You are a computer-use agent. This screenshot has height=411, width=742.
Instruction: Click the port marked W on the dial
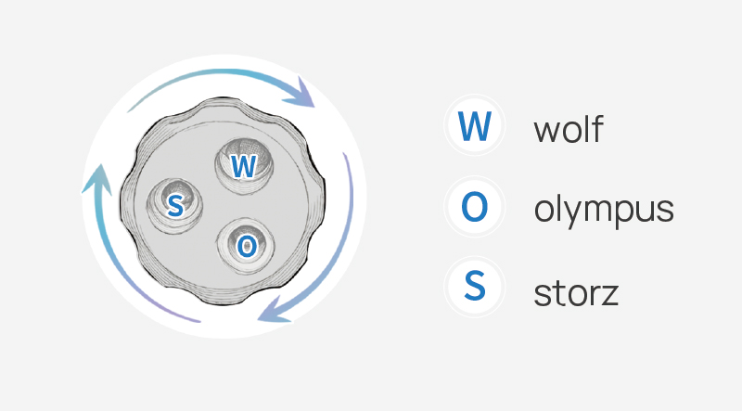(244, 165)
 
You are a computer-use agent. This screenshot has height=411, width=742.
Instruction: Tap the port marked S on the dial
(174, 206)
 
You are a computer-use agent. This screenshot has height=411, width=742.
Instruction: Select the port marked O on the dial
(246, 246)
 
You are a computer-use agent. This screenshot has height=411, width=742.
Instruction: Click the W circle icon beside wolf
(475, 125)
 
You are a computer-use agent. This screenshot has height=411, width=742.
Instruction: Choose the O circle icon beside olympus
(475, 207)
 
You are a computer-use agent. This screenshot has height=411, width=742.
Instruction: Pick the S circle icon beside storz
(475, 287)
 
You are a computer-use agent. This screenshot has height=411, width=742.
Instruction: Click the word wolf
(569, 128)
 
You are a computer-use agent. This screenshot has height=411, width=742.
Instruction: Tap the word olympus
(604, 210)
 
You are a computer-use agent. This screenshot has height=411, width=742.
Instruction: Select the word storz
(576, 293)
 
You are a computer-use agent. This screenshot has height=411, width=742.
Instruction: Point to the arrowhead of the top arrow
(301, 95)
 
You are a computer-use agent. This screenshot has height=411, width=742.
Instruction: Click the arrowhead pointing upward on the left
(97, 179)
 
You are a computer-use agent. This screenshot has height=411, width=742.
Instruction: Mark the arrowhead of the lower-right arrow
(274, 310)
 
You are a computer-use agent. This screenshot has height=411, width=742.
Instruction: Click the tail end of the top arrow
(129, 111)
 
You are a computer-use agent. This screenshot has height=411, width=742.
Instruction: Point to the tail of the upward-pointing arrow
(199, 322)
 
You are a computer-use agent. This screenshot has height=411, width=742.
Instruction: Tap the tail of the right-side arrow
(345, 154)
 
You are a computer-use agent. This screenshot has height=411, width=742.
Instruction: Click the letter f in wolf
(597, 128)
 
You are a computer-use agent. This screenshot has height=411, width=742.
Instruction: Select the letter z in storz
(609, 294)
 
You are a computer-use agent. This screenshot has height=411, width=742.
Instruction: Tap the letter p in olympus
(627, 214)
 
